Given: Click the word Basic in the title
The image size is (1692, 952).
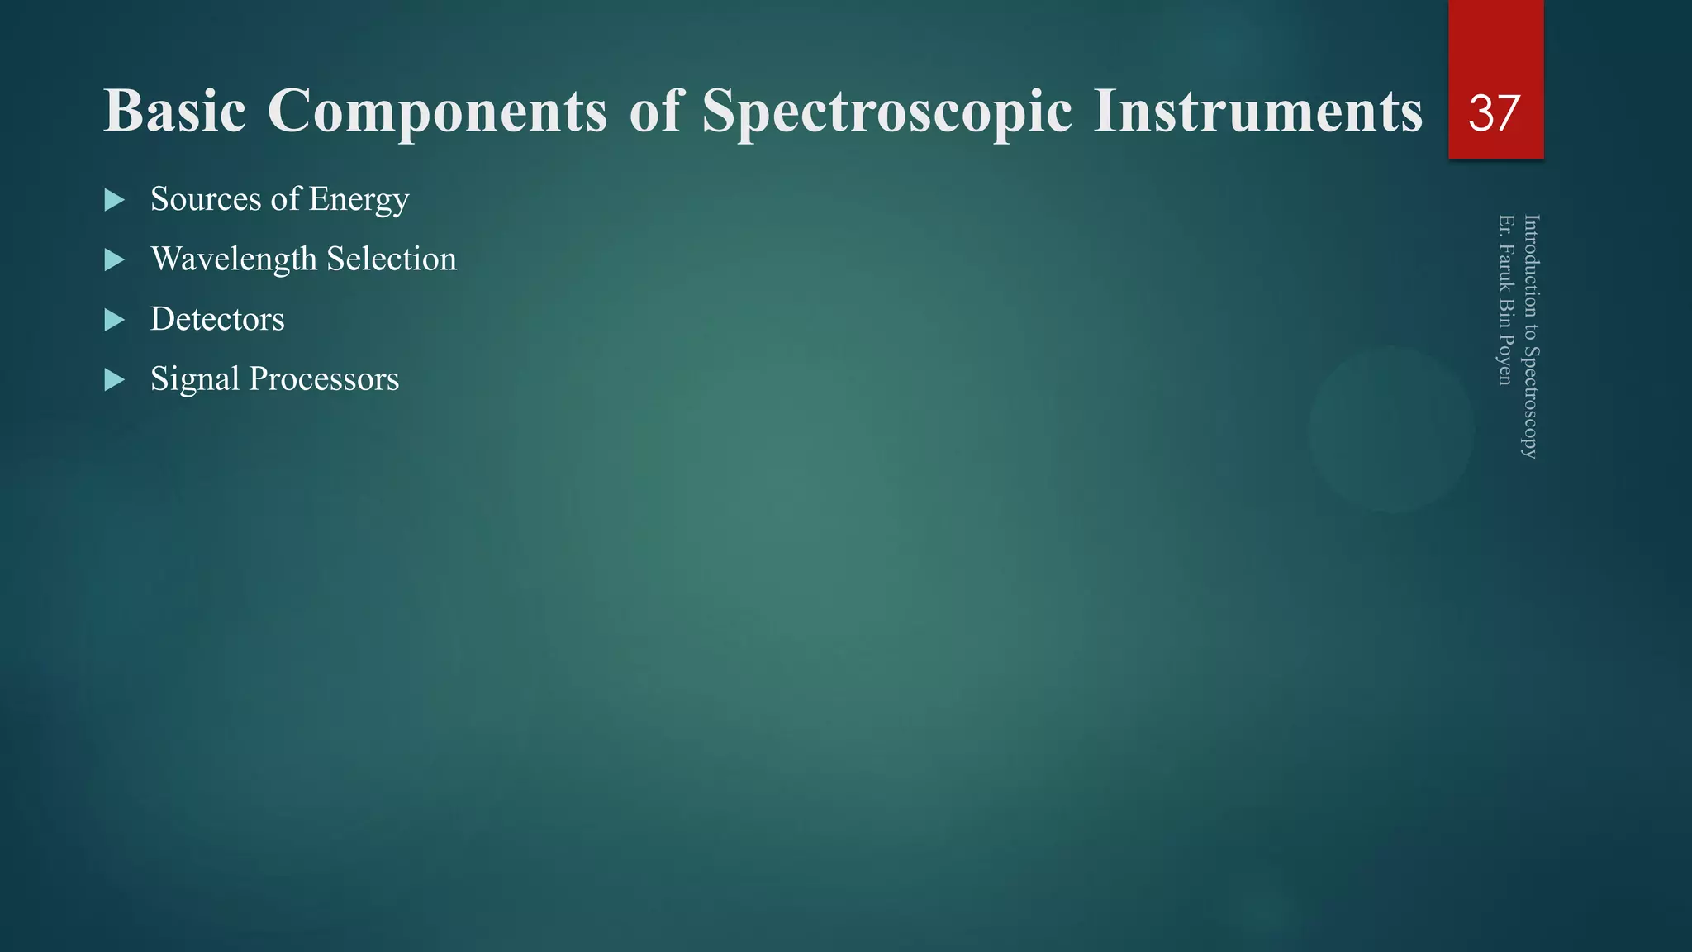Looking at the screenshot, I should pyautogui.click(x=174, y=111).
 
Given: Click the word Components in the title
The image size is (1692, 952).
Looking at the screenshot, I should pyautogui.click(x=437, y=111).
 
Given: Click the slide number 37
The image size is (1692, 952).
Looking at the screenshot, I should pyautogui.click(x=1494, y=112).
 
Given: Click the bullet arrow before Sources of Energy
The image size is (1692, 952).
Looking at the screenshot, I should pyautogui.click(x=114, y=200).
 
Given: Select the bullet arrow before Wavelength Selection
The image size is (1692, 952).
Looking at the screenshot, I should pyautogui.click(x=114, y=260).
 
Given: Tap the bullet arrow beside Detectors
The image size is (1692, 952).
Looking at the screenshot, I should pyautogui.click(x=114, y=320).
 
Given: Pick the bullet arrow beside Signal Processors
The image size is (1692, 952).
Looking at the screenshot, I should pyautogui.click(x=114, y=380).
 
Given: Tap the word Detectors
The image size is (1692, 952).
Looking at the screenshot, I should pyautogui.click(x=217, y=319).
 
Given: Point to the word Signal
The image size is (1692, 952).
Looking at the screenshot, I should pyautogui.click(x=194, y=379).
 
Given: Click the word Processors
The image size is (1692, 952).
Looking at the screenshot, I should pyautogui.click(x=324, y=379).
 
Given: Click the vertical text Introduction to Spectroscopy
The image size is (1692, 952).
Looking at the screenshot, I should pyautogui.click(x=1530, y=336).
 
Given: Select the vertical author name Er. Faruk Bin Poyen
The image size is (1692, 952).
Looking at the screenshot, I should pyautogui.click(x=1506, y=299).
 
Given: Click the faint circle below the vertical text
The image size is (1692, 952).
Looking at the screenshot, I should pyautogui.click(x=1391, y=429).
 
